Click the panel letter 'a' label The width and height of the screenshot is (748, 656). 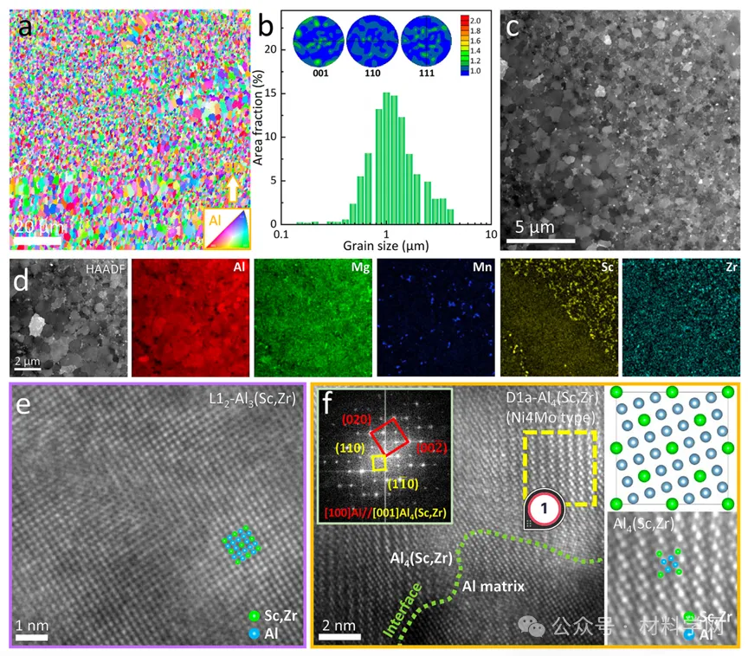pyautogui.click(x=27, y=27)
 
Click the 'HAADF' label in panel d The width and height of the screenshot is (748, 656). pyautogui.click(x=106, y=269)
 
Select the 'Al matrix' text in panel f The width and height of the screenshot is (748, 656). pyautogui.click(x=493, y=586)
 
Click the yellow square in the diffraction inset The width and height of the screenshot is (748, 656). pyautogui.click(x=377, y=464)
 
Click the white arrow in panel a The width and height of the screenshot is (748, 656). pyautogui.click(x=232, y=189)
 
